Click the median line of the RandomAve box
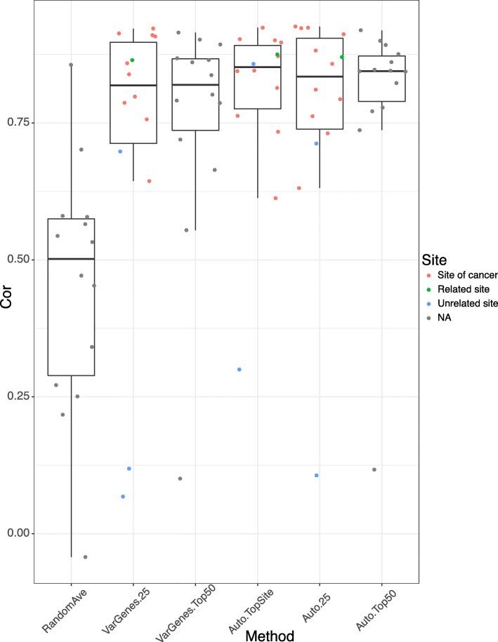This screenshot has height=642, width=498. [71, 259]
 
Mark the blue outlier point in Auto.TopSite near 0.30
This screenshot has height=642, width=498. [240, 369]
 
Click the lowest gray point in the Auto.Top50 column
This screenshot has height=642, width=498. [374, 469]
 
